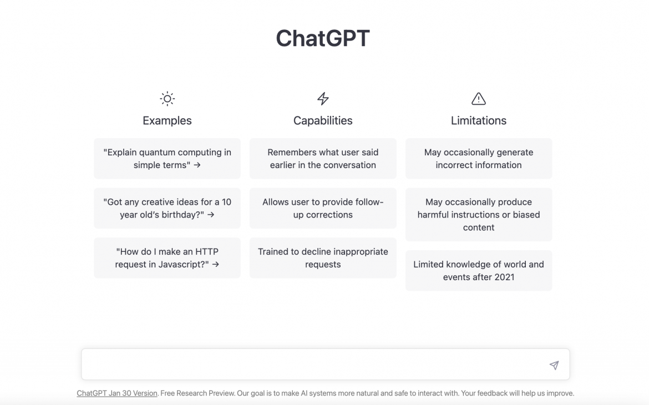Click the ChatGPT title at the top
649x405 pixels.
tap(323, 38)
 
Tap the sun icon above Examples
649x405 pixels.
tap(167, 99)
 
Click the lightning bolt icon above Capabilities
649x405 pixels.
tap(323, 99)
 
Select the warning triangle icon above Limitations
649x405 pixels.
tap(479, 99)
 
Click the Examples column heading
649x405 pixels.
tap(167, 120)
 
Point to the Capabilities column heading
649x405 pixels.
tap(323, 120)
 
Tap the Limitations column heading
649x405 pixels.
tap(479, 120)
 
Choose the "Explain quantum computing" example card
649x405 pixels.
tap(167, 159)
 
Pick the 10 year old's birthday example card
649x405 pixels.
tap(167, 208)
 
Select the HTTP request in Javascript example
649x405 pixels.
tap(167, 258)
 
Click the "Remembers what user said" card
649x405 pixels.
tap(323, 159)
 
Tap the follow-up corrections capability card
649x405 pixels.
tap(323, 208)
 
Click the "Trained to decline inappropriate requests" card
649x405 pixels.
tap(323, 258)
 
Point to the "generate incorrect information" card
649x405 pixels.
tap(479, 159)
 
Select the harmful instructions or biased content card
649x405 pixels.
tap(479, 215)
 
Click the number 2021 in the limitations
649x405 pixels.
tap(504, 277)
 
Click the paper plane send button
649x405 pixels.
tap(554, 365)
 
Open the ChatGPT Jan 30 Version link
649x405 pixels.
tap(116, 393)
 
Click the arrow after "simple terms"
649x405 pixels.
tap(197, 165)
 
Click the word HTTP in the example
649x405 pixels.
tap(206, 252)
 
